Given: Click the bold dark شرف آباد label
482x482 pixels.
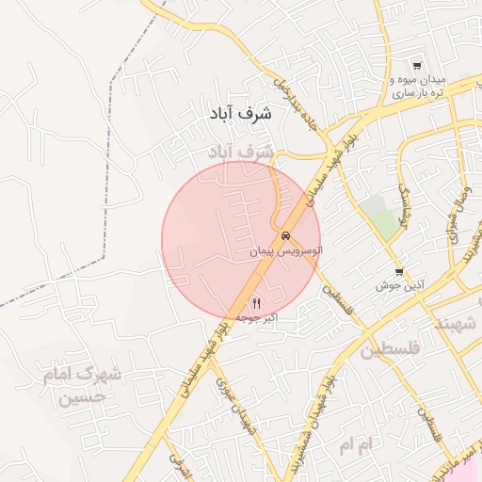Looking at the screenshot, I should (x=241, y=113).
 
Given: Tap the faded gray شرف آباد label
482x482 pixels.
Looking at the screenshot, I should (x=241, y=151).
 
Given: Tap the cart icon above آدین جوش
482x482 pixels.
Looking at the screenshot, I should (x=400, y=272).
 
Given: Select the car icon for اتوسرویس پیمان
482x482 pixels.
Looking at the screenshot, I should (x=285, y=236).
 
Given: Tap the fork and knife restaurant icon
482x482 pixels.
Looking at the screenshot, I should (x=255, y=302).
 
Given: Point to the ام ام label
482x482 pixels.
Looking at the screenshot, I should (x=358, y=442).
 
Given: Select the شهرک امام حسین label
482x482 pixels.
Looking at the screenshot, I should (x=83, y=385).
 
